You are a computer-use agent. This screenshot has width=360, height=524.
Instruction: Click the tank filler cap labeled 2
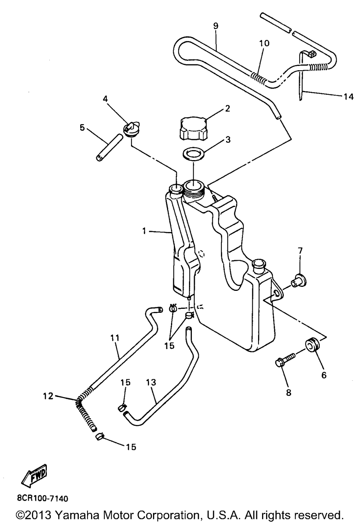coord(193,128)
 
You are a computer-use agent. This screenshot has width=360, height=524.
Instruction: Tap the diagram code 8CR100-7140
coord(42,498)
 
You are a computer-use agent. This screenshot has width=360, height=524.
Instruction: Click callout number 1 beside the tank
coord(144,231)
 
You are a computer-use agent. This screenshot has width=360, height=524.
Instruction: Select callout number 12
coord(48,396)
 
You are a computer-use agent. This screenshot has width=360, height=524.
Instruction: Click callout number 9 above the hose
coord(216,26)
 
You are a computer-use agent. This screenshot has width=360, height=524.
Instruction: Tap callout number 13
coord(151,382)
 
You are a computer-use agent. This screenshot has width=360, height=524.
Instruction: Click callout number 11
coord(115,338)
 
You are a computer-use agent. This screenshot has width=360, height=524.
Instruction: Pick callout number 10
coord(264,43)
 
